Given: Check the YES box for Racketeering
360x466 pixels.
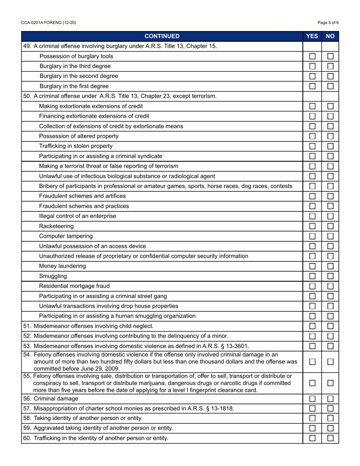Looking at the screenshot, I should point(312,226).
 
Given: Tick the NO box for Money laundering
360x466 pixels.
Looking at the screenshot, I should point(330,266).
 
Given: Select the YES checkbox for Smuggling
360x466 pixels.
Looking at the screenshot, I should point(312,276).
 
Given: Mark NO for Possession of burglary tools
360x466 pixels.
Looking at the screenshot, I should point(330,56).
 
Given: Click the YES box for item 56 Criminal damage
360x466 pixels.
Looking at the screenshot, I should point(312,399).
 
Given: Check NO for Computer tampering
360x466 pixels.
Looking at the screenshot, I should point(330,236).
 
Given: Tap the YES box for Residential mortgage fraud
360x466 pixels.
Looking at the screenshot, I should point(312,286).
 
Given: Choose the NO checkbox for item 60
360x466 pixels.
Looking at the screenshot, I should point(330,438).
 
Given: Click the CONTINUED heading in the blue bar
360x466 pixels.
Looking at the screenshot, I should point(162,36).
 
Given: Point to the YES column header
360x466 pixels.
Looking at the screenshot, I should point(312,36).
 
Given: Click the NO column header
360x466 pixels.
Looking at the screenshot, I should point(330,36).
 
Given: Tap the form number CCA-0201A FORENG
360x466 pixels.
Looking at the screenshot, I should point(49,23).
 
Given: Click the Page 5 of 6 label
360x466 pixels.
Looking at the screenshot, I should point(328,23).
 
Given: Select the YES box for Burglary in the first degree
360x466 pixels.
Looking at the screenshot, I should point(312,86).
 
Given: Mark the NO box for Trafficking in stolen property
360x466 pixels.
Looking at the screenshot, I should point(330,146).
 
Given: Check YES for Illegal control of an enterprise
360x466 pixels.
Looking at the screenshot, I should point(312,216).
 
